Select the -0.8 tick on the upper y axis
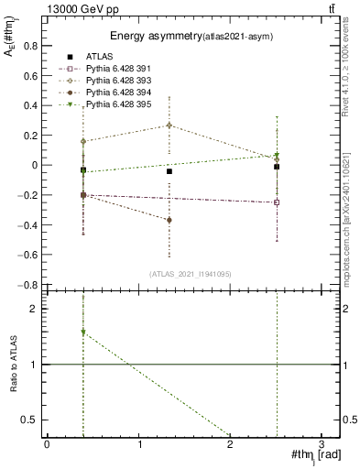point(31,285)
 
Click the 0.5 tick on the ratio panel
point(33,420)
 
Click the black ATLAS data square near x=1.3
point(169,171)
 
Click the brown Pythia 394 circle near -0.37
point(169,220)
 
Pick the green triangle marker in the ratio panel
point(83,333)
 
